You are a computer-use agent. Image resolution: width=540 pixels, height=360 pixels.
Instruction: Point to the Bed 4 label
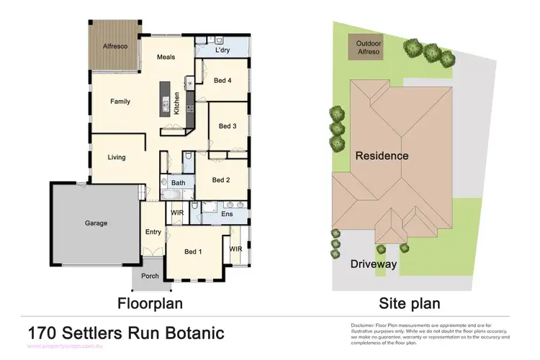(x=222, y=81)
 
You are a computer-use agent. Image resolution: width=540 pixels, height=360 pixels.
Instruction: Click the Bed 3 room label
(x=228, y=126)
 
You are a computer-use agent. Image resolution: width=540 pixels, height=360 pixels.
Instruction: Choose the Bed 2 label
(x=221, y=180)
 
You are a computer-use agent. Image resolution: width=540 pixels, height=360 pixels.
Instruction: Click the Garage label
(x=96, y=223)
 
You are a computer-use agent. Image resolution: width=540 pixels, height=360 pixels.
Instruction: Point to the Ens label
(x=227, y=214)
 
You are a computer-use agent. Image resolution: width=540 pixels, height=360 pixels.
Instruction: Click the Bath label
(x=179, y=184)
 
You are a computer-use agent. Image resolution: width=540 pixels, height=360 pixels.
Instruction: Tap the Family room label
(x=120, y=102)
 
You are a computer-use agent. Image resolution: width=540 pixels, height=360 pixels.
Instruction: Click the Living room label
(x=117, y=157)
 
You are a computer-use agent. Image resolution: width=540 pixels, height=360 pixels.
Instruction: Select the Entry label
(x=153, y=232)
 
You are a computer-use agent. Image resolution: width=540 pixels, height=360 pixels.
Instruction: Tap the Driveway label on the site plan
(x=374, y=264)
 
